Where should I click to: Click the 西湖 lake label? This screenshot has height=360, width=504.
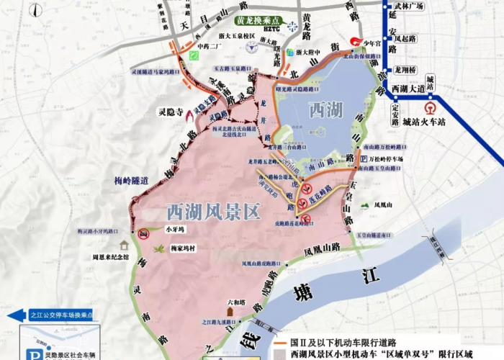[325, 110]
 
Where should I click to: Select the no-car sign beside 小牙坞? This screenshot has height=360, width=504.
[144, 233]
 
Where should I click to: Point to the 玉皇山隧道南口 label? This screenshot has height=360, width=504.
[377, 234]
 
